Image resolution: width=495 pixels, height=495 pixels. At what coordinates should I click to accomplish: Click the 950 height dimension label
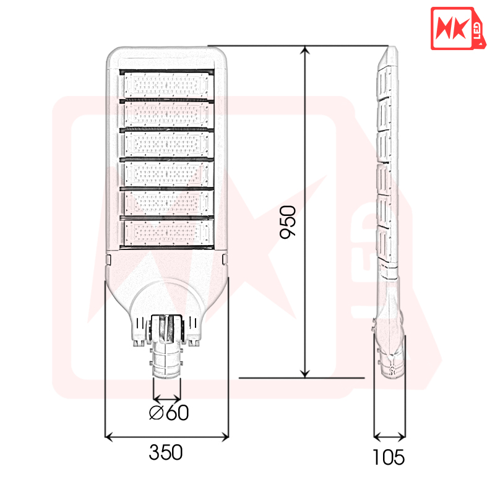click(x=288, y=222)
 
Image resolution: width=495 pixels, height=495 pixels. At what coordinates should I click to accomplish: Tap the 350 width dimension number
click(x=166, y=452)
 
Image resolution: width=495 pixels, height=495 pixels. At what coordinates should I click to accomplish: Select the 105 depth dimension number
click(x=389, y=457)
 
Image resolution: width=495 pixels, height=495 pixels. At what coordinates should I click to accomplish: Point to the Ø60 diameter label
click(x=169, y=412)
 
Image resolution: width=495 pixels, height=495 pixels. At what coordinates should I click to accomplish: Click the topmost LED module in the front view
click(x=166, y=85)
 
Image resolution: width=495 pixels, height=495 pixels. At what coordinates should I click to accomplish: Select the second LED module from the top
click(x=166, y=114)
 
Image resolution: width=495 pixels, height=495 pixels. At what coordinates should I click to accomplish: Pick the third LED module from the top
click(x=166, y=144)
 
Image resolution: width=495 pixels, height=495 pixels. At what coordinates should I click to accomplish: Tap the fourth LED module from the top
click(x=166, y=173)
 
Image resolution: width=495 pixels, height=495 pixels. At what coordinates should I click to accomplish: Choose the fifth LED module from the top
click(x=166, y=203)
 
